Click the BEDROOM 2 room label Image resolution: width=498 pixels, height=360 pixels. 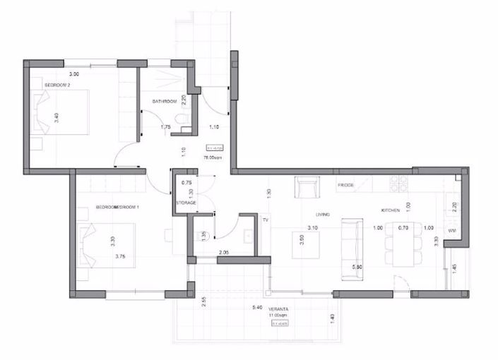coord(57,84)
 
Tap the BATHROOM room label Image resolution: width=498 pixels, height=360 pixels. coord(164,102)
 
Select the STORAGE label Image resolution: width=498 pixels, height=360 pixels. coord(186,203)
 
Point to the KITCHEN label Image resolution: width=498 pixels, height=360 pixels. coord(391,210)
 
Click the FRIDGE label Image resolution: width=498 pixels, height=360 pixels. coord(345,185)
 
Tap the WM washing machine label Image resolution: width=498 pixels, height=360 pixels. coord(452,230)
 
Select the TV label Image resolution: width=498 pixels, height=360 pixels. coord(266,220)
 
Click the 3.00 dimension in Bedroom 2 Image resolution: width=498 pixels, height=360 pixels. coord(73,73)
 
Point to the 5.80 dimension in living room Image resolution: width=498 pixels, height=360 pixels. coord(357,267)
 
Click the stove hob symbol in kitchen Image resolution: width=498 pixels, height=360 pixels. coord(401,185)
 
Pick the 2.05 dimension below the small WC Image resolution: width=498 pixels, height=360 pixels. coord(223,252)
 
